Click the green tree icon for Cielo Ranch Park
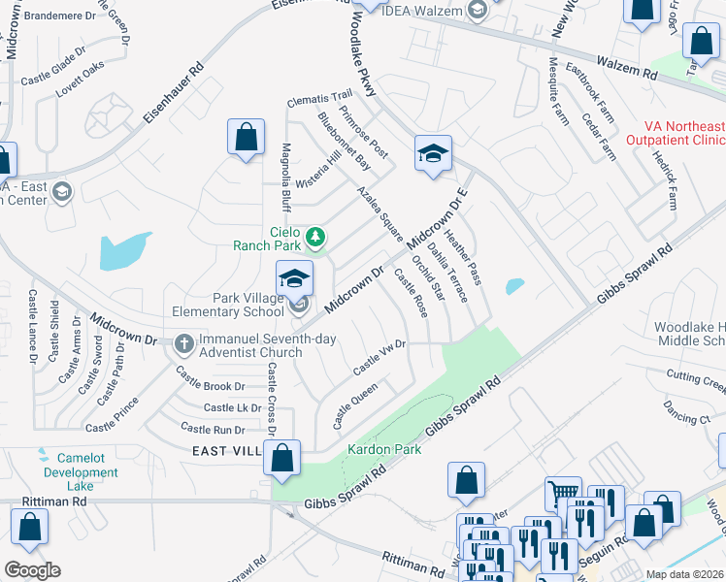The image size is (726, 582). tap(314, 236)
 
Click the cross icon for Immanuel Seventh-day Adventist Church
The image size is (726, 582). tap(184, 343)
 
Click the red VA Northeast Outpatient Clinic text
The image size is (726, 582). tap(685, 134)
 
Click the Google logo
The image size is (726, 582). tap(32, 570)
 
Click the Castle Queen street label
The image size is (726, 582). tap(355, 405)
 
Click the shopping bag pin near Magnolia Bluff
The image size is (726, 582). tap(247, 137)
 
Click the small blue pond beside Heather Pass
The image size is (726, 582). tap(513, 286)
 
